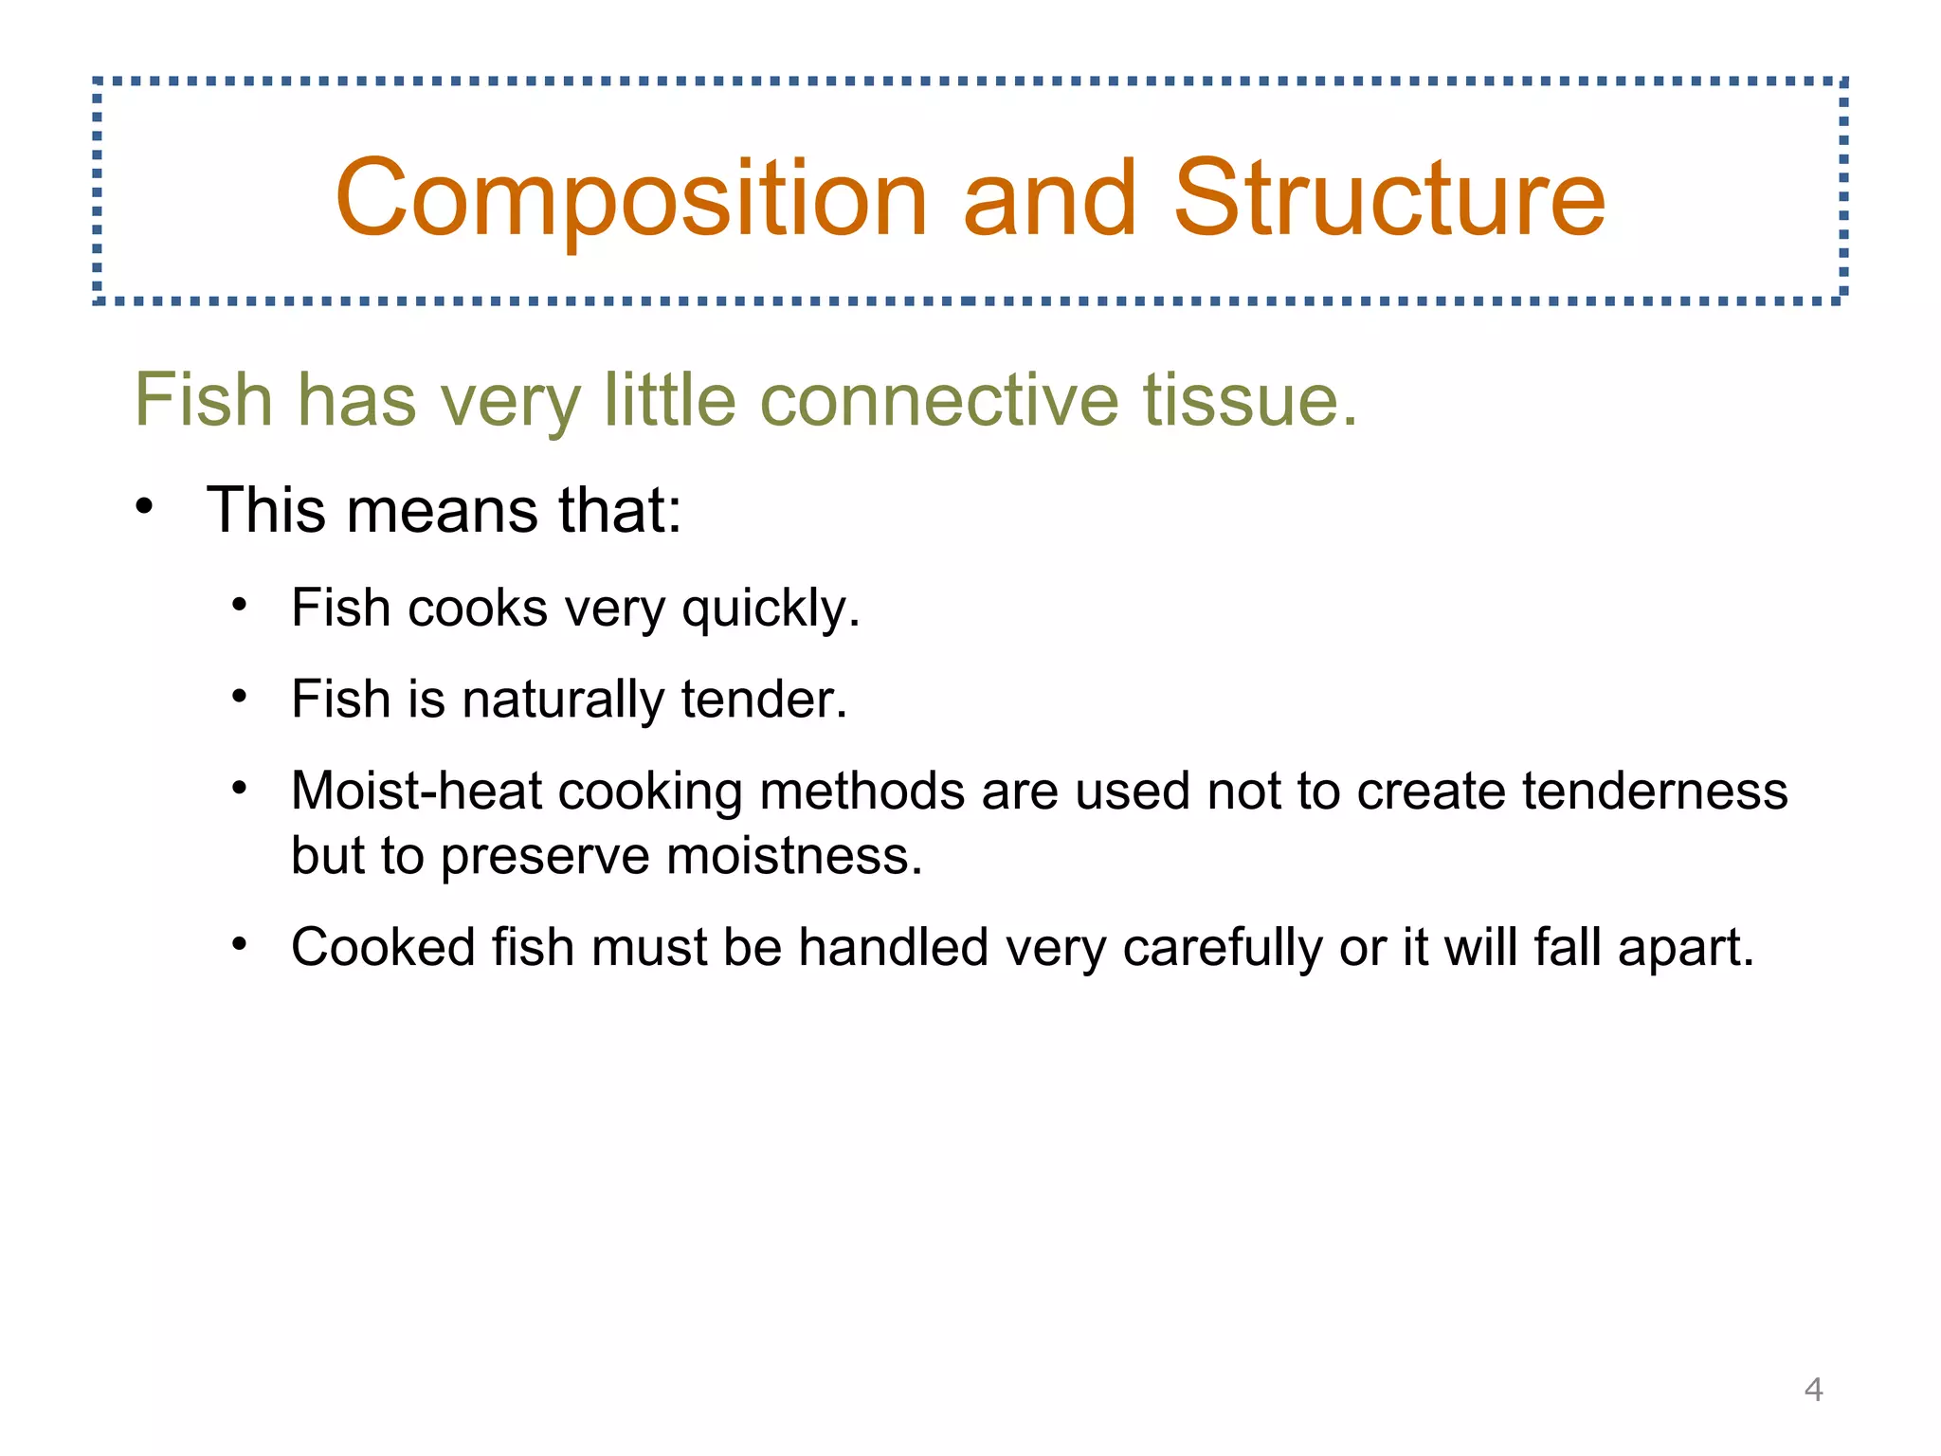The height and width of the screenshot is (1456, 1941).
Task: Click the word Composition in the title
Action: coord(630,199)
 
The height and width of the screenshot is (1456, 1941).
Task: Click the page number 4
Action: coord(1813,1390)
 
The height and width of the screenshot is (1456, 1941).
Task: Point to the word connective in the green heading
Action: coord(939,400)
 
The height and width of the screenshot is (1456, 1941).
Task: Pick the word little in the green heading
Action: coord(670,400)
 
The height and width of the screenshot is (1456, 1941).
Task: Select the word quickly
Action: coord(770,609)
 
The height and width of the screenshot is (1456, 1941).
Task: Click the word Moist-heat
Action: coord(415,791)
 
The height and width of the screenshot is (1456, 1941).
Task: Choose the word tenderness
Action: coord(1654,791)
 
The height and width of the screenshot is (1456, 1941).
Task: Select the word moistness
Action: coord(794,855)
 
